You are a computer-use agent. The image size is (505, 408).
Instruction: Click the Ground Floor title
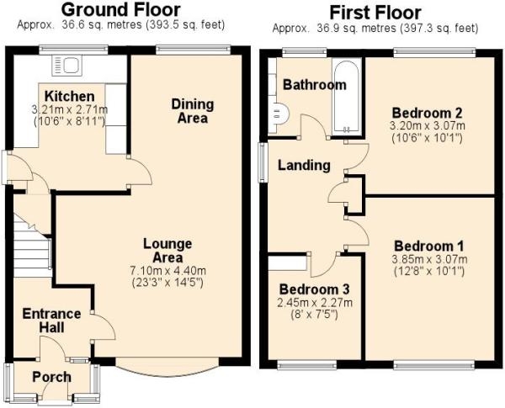pyautogui.click(x=120, y=10)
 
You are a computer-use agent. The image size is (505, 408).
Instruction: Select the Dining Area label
pyautogui.click(x=193, y=110)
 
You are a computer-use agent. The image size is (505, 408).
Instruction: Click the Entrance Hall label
pyautogui.click(x=51, y=321)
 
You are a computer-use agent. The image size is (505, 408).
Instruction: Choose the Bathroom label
pyautogui.click(x=314, y=85)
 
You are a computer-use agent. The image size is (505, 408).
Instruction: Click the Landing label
pyautogui.click(x=305, y=165)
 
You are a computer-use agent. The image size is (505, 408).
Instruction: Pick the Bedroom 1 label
pyautogui.click(x=428, y=246)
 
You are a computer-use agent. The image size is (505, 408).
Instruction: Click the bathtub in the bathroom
pyautogui.click(x=346, y=97)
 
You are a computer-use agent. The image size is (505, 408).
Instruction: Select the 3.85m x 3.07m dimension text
pyautogui.click(x=428, y=260)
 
